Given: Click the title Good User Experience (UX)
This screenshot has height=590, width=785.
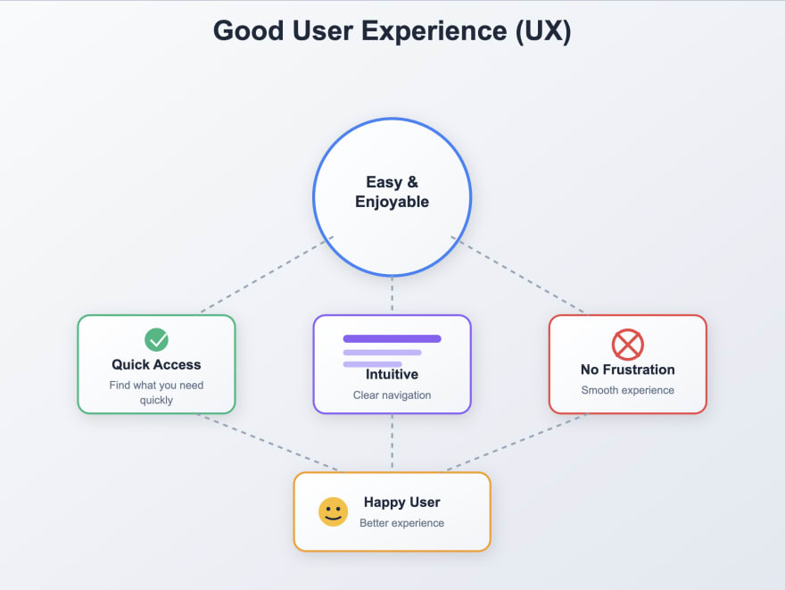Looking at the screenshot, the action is pos(392,31).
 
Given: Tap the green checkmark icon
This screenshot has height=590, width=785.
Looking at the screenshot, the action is pos(156,339).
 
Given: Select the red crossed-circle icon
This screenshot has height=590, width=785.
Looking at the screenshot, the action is pos(627,345).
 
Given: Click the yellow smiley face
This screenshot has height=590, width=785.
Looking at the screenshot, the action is pos(333,511).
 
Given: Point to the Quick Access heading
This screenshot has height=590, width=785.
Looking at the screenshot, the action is pos(156,364).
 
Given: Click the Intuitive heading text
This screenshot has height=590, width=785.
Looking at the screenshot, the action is pos(392,374).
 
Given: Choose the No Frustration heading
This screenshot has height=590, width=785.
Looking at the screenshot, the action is pos(627,370).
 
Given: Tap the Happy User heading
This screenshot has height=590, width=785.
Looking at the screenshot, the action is pos(401,503).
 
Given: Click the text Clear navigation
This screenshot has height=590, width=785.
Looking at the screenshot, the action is pos(392,395).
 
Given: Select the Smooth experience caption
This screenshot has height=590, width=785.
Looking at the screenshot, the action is pos(627,390).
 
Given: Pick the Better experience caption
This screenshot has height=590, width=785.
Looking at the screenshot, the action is pos(401,523).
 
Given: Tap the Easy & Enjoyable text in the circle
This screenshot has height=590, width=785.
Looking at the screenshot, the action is pos(392,192).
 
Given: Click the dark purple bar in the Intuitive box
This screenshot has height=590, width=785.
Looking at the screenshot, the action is pos(392,339).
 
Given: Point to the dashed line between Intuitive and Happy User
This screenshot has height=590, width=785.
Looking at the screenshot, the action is pos(392,443).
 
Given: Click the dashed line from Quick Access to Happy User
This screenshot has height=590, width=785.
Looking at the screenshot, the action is pos(268,443).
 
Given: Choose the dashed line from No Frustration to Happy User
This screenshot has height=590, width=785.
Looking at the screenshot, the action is pos(517,443).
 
